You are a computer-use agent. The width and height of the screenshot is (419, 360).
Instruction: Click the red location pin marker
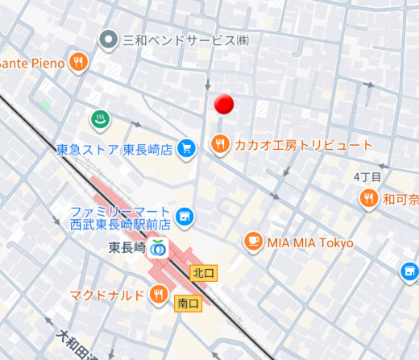pyautogui.click(x=225, y=104)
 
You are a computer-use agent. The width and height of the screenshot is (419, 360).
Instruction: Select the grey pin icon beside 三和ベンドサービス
pyautogui.click(x=107, y=39)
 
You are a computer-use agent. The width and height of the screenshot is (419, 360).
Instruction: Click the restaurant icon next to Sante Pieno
pyautogui.click(x=78, y=62)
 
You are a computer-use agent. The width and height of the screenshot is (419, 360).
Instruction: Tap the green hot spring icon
pyautogui.click(x=99, y=119)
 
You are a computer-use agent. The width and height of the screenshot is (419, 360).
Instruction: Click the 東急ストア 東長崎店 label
pyautogui.click(x=114, y=149)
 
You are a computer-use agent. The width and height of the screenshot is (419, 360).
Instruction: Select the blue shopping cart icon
pyautogui.click(x=186, y=147)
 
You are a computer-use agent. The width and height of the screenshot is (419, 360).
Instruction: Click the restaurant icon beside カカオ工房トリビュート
pyautogui.click(x=219, y=144)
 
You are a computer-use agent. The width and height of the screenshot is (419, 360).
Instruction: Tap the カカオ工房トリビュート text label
pyautogui.click(x=303, y=145)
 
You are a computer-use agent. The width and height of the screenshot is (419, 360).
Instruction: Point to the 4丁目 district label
pyautogui.click(x=366, y=176)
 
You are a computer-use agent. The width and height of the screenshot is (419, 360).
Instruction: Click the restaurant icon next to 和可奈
pyautogui.click(x=369, y=197)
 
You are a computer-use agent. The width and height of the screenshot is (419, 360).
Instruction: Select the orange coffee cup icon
pyautogui.click(x=253, y=242)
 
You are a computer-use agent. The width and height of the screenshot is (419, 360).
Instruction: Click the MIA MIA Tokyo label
pyautogui.click(x=310, y=242)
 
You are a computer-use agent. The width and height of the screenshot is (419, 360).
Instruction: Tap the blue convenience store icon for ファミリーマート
pyautogui.click(x=185, y=216)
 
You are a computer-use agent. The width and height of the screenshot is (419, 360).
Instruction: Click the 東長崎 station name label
pyautogui.click(x=127, y=248)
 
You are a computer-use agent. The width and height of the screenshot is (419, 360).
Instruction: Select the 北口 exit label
pyautogui.click(x=201, y=273)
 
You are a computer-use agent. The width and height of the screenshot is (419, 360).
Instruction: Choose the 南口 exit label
pyautogui.click(x=187, y=303)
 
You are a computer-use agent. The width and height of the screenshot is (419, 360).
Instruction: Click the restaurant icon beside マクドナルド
pyautogui.click(x=159, y=294)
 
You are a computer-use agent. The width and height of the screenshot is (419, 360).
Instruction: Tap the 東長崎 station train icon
pyautogui.click(x=158, y=248)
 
